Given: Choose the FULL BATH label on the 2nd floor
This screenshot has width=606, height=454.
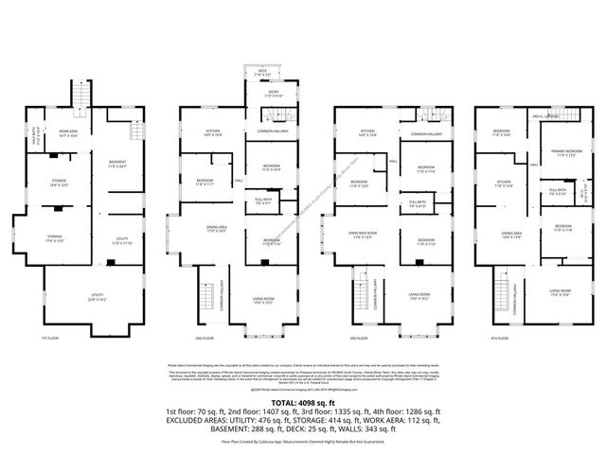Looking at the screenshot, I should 263,201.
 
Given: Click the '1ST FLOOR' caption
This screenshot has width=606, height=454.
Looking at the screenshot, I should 50,338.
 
